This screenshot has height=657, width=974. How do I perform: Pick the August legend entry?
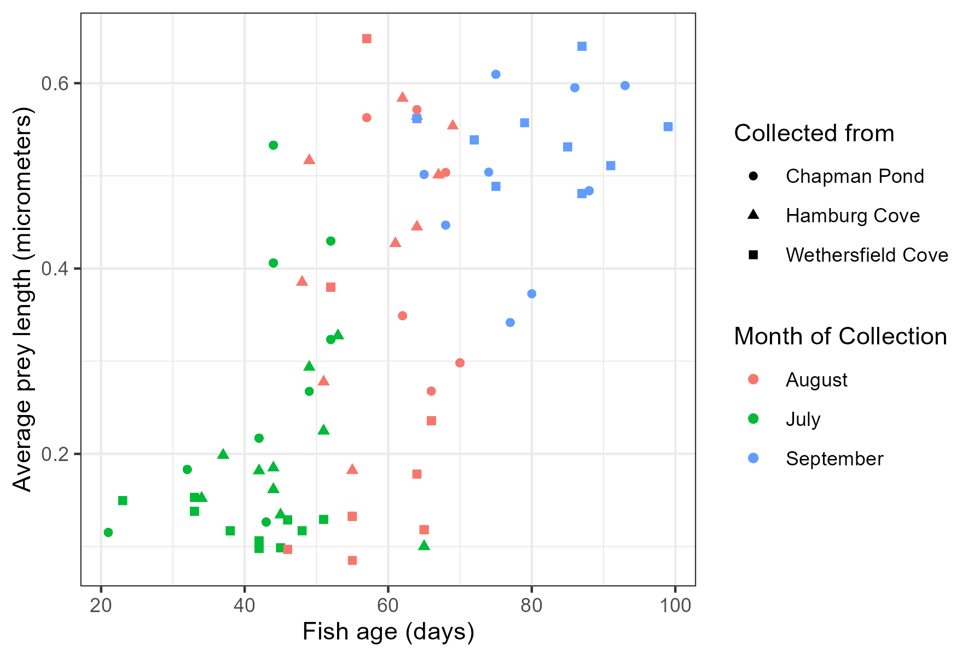816,380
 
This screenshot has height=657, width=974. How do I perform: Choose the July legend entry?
803,419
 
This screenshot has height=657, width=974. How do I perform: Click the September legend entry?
834,459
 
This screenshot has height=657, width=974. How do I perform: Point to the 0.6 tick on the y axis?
54,83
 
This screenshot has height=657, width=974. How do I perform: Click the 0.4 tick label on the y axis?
54,269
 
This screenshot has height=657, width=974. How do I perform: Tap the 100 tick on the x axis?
675,606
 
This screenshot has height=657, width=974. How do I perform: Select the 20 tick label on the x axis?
101,606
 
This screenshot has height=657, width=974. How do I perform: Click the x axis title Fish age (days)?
388,632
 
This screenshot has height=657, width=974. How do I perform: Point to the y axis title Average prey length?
23,299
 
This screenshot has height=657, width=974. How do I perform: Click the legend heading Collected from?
814,133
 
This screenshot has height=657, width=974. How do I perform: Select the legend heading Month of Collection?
840,336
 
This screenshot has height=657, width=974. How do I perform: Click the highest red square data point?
367,38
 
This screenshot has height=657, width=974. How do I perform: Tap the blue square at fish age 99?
668,127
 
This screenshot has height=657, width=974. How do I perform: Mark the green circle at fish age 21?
108,532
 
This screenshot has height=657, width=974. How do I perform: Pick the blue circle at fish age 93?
625,85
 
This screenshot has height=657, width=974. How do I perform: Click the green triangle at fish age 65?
424,545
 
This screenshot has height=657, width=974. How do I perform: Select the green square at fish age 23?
123,500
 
